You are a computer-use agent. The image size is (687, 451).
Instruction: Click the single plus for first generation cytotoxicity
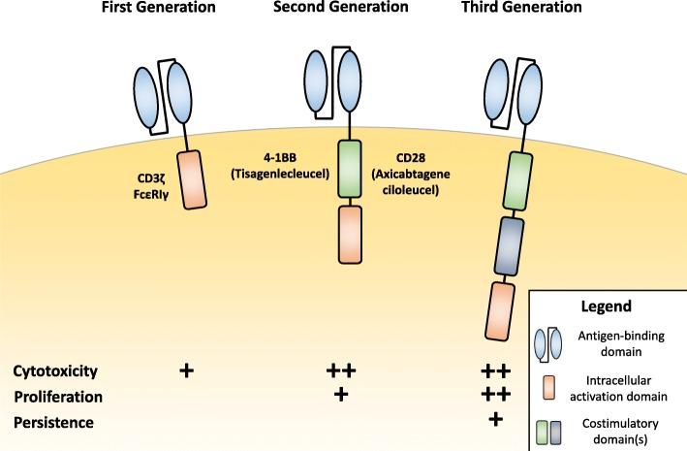coord(186,370)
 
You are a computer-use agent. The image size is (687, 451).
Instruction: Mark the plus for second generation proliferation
coord(340,395)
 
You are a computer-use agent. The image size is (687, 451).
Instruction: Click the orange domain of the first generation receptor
coord(189,180)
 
